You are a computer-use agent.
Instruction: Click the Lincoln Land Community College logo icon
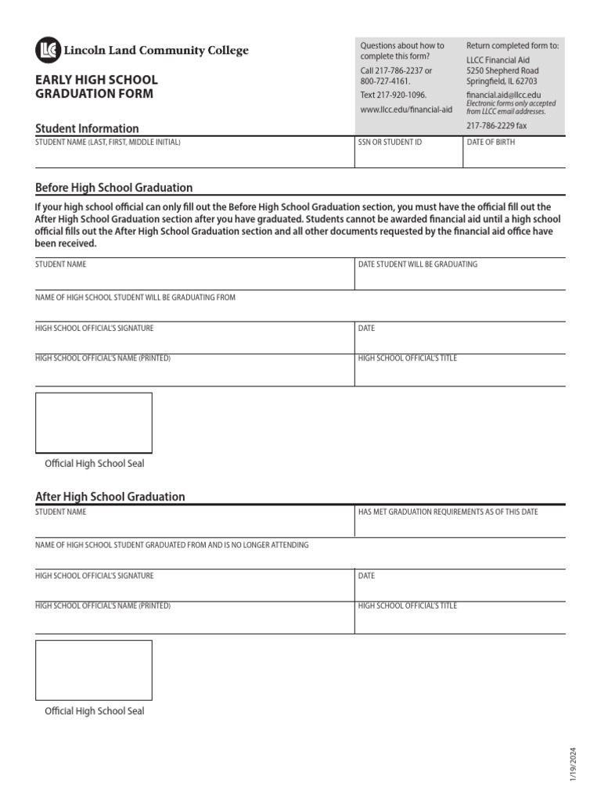coord(48,51)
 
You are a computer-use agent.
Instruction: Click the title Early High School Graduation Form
coord(96,87)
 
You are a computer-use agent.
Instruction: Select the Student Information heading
coord(87,128)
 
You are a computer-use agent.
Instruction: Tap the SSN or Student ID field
coord(408,156)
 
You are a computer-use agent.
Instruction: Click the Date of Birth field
coord(513,156)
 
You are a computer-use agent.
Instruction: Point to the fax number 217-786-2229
coord(496,125)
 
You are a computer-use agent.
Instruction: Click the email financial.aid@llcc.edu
coord(503,95)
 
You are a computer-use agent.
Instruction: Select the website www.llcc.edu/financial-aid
coord(406,110)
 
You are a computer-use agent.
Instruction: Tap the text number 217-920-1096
coord(393,95)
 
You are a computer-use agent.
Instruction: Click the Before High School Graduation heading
coord(114,188)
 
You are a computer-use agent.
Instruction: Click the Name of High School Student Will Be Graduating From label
coord(135,297)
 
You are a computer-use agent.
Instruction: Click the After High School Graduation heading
coord(110,497)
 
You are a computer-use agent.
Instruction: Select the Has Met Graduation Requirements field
coord(459,525)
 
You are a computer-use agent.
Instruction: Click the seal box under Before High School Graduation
coord(94,423)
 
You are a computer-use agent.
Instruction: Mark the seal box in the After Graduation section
coord(94,670)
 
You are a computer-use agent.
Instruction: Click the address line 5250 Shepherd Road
coord(502,70)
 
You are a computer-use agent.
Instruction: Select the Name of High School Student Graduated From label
coord(171,544)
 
